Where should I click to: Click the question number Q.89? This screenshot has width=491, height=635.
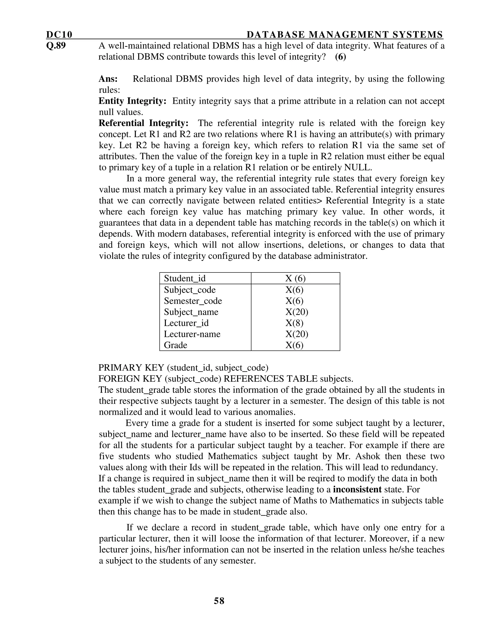(x=56, y=46)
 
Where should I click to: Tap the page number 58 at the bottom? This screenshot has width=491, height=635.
(x=219, y=601)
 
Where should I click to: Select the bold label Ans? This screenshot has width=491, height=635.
(x=108, y=79)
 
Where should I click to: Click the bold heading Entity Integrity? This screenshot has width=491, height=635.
(x=132, y=101)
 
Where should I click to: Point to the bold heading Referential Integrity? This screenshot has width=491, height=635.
(x=144, y=123)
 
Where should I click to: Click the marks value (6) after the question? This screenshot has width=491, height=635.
(x=340, y=57)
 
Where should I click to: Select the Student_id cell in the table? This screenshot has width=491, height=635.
(x=185, y=278)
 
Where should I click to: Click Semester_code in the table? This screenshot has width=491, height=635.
(x=193, y=301)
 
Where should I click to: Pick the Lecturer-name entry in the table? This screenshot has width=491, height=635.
(x=192, y=334)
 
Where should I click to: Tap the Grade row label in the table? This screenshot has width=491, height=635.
(x=175, y=345)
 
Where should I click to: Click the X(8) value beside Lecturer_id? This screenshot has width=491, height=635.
(x=294, y=323)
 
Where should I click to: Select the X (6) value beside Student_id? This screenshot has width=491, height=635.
(x=295, y=278)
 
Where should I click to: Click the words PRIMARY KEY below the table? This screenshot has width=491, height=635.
(x=131, y=368)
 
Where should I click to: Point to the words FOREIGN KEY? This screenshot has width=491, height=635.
(x=131, y=379)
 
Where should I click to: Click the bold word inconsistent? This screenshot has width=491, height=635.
(x=357, y=490)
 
